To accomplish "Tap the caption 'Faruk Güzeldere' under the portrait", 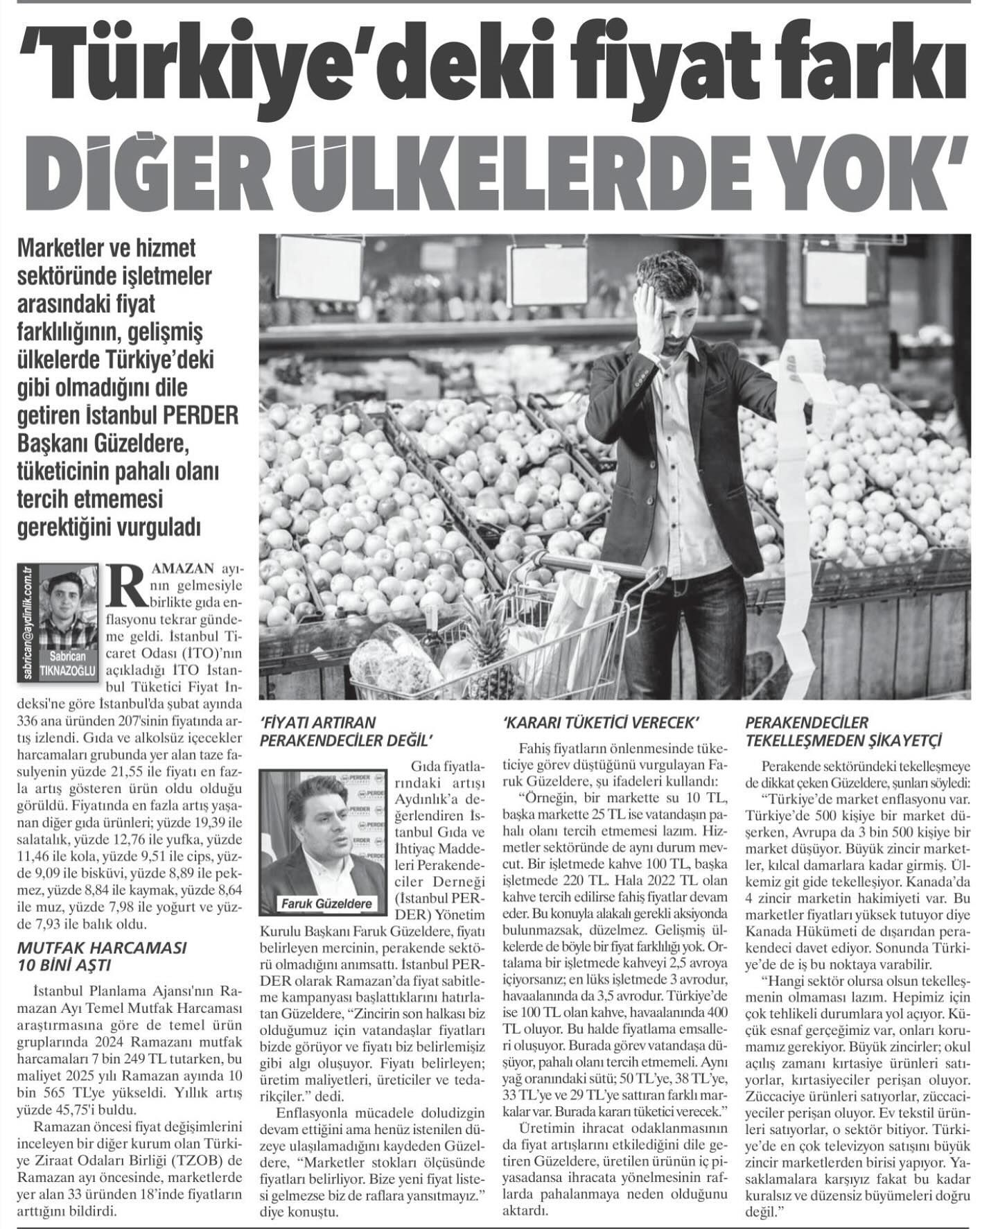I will click(x=327, y=903).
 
